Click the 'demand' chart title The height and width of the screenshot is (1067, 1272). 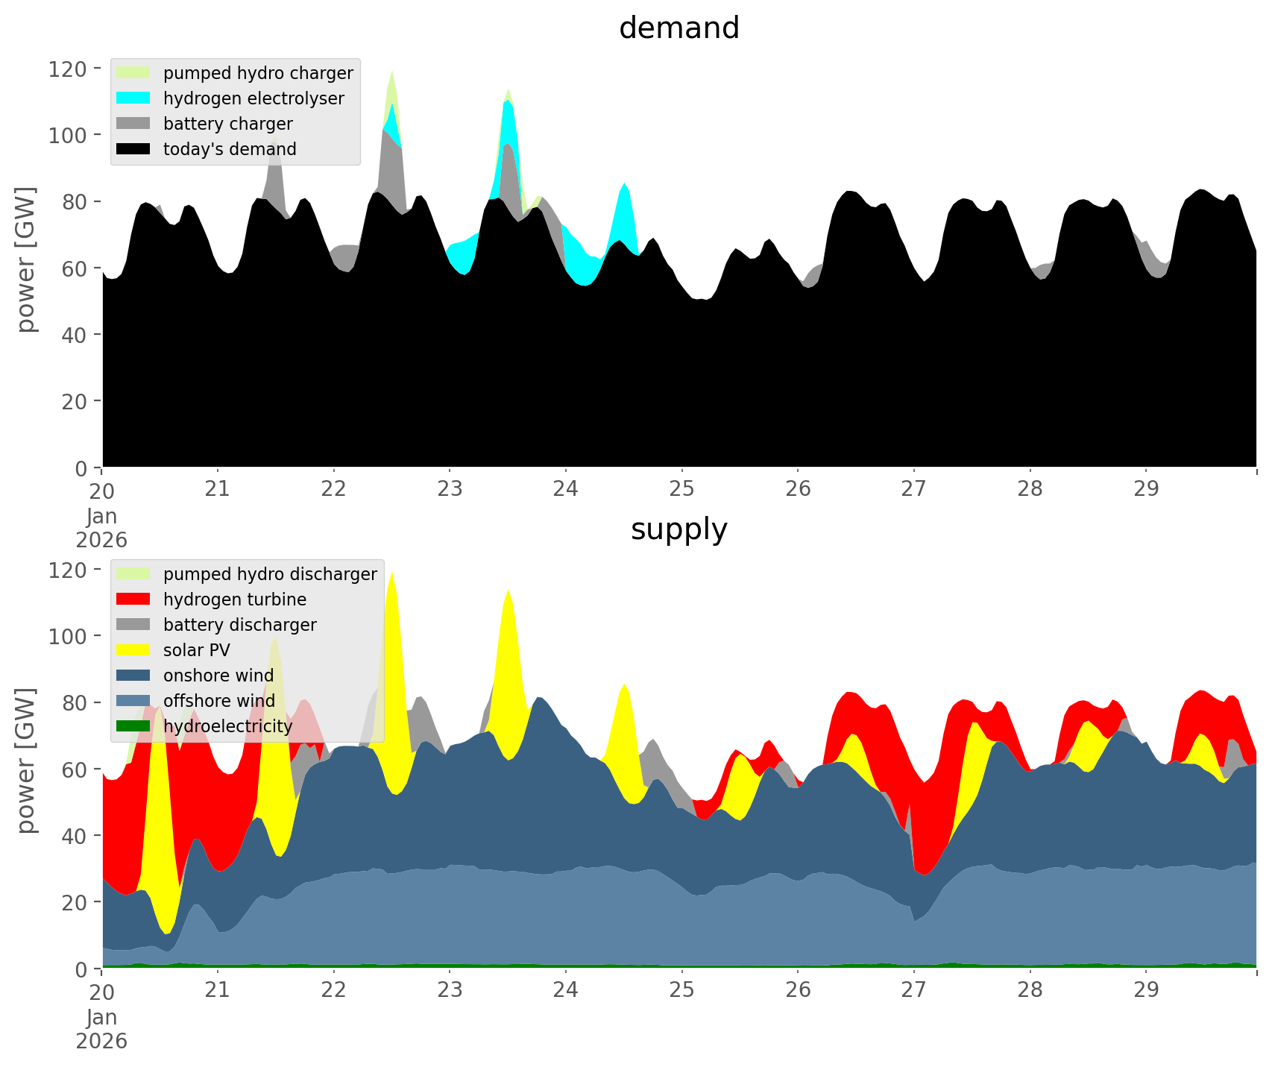678,28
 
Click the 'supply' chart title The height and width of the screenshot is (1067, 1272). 678,529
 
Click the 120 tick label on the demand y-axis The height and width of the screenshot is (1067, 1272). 68,69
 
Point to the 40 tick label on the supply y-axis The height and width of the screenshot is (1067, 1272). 73,836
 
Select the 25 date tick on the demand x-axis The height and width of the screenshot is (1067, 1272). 681,489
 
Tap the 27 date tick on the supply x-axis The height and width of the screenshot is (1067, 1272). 913,990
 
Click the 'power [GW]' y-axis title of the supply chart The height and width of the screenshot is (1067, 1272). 27,761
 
